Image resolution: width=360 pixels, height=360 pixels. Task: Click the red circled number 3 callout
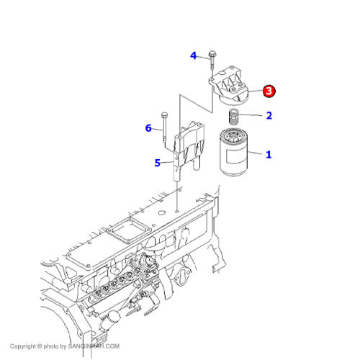pos(269,91)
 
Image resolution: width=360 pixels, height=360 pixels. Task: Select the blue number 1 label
pos(269,155)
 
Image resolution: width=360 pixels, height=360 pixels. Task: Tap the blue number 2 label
pos(269,115)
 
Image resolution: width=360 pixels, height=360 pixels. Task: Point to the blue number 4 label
pos(193,55)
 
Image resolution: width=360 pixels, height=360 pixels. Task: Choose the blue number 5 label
pos(157,163)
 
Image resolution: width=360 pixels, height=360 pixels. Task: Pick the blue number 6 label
pos(148,128)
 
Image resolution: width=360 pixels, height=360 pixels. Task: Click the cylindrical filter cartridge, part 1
pos(233,153)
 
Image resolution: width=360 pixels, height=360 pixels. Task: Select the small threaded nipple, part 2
pos(233,117)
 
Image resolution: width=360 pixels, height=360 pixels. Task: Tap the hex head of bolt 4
pos(212,53)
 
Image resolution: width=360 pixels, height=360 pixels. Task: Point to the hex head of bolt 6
pos(165,114)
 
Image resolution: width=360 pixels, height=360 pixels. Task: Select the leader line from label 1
pos(255,153)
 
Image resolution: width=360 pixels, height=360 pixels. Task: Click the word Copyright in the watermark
pos(22,346)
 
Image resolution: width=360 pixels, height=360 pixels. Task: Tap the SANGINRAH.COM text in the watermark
pos(94,346)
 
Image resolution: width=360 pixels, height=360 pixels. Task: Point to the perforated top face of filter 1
pos(233,136)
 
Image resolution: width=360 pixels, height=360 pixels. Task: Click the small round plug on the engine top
pos(162,212)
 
